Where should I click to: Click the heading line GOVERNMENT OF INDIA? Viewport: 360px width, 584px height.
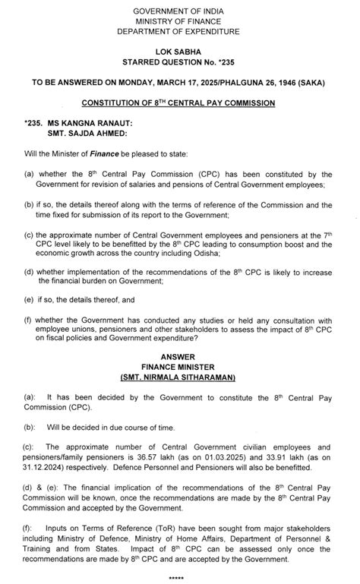(180, 9)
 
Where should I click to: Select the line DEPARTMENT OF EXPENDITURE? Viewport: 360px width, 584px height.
(180, 31)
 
